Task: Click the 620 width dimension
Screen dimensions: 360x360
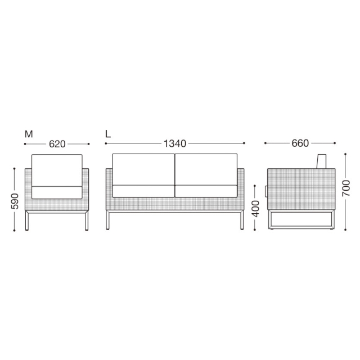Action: click(x=57, y=144)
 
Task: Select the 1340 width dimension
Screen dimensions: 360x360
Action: click(x=175, y=143)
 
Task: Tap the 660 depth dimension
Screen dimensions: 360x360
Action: click(x=300, y=143)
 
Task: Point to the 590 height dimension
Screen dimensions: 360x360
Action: click(x=15, y=201)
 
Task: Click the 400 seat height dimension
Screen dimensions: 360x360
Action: click(x=255, y=209)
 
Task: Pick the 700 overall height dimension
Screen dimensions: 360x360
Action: click(x=346, y=188)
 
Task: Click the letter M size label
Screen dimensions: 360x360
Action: click(x=29, y=134)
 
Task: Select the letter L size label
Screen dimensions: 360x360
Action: click(x=108, y=134)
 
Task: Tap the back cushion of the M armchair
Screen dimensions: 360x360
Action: click(x=57, y=170)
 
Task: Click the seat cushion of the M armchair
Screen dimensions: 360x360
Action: click(x=57, y=192)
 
